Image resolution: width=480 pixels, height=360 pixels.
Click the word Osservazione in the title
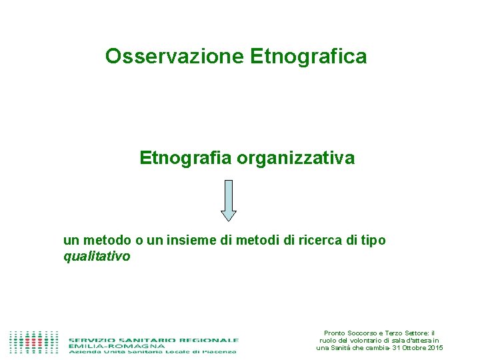(175, 57)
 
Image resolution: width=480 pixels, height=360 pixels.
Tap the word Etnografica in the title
(309, 57)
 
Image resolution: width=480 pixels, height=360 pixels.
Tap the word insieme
(193, 240)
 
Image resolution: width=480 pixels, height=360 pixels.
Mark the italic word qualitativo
(97, 256)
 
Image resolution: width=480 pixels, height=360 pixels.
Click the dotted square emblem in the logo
(34, 342)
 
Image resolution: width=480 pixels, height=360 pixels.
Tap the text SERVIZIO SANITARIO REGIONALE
(153, 339)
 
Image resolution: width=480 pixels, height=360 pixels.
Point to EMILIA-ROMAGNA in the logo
(117, 346)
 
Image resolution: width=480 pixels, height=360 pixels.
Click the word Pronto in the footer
(335, 333)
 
